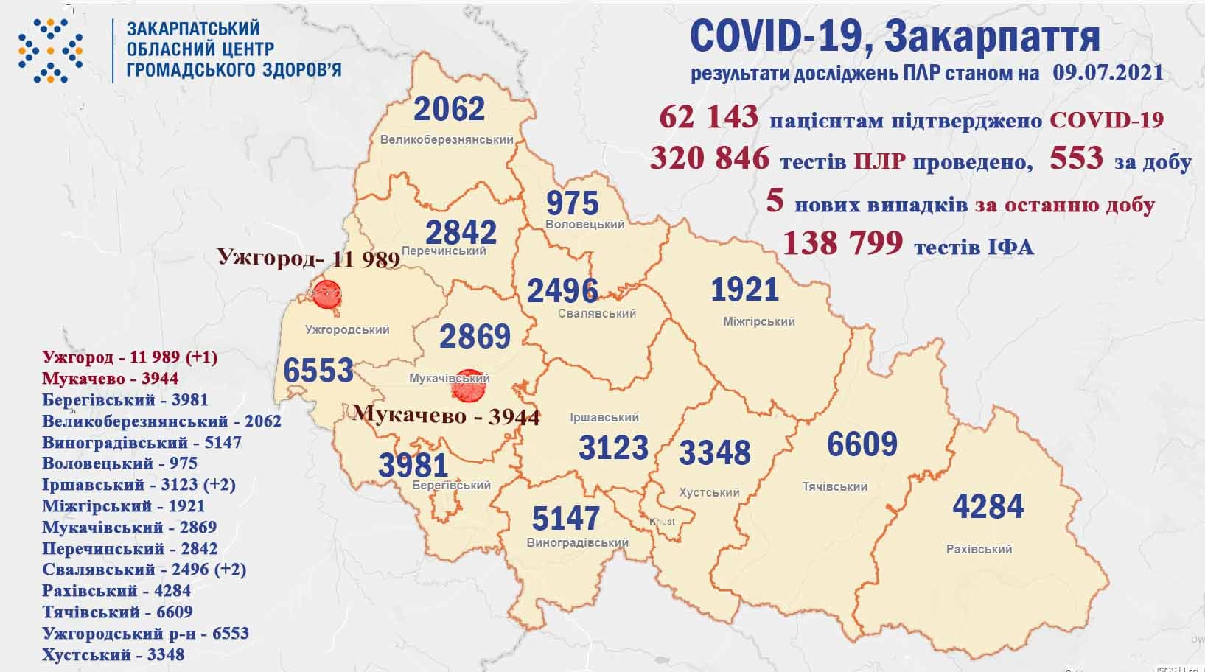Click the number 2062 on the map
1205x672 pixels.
pos(450,109)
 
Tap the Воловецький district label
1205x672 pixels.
pos(585,224)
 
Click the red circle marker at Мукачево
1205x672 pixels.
pos(467,386)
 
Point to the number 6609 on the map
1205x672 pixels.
pos(862,444)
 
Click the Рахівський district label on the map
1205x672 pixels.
pos(979,549)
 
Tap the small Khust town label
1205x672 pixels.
pos(662,522)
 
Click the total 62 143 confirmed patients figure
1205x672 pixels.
pos(708,117)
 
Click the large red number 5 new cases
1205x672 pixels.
pos(774,200)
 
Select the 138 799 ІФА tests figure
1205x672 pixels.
pos(842,242)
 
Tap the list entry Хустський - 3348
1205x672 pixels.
pos(113,654)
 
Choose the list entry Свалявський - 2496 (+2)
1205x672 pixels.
pos(144,570)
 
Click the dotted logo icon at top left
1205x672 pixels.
pos(50,50)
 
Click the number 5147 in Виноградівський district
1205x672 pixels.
pos(566,519)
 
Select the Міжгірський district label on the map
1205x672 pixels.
pos(758,322)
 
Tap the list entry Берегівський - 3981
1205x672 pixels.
pos(125,400)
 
